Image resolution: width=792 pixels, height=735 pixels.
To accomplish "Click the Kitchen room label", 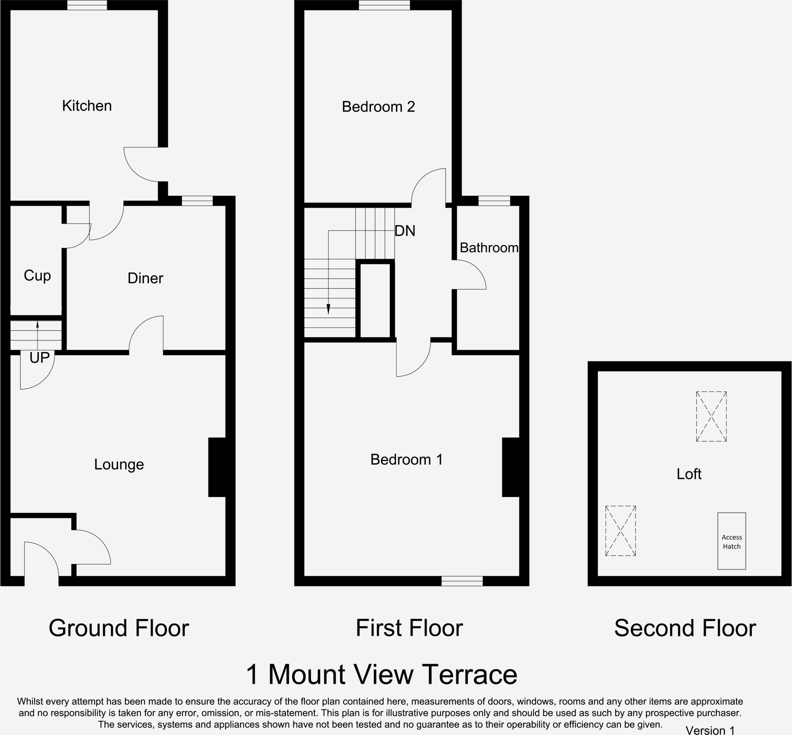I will [87, 106].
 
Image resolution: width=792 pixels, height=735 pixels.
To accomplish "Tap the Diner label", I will [145, 279].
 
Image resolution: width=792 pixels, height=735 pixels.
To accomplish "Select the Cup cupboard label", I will [38, 275].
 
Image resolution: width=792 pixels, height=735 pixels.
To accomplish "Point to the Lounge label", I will [119, 465].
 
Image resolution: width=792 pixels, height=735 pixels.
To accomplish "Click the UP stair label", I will [39, 358].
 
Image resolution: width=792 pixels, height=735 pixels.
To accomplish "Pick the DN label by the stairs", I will [405, 231].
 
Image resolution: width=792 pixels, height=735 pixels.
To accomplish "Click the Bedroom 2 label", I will [378, 107].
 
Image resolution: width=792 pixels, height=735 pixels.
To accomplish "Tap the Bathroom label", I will [489, 248].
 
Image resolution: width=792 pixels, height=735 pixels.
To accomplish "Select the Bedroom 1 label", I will [406, 460].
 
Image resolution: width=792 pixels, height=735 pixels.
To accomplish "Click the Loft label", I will [689, 474].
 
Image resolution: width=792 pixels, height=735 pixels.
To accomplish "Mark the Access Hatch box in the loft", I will [732, 541].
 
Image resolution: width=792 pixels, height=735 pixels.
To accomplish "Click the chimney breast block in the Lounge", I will [217, 467].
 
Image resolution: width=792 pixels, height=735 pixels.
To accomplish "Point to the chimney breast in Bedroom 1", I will [511, 467].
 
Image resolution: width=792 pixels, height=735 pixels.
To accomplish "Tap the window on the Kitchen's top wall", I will [87, 5].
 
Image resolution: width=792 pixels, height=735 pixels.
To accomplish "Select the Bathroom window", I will [494, 201].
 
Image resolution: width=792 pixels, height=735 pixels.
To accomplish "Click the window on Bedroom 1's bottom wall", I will [462, 581].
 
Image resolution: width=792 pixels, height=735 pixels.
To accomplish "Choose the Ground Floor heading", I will [118, 628].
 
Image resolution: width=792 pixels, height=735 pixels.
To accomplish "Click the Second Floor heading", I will [684, 628].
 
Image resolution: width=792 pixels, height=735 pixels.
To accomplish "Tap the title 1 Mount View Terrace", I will [381, 675].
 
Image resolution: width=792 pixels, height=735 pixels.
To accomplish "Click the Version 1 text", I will [710, 730].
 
